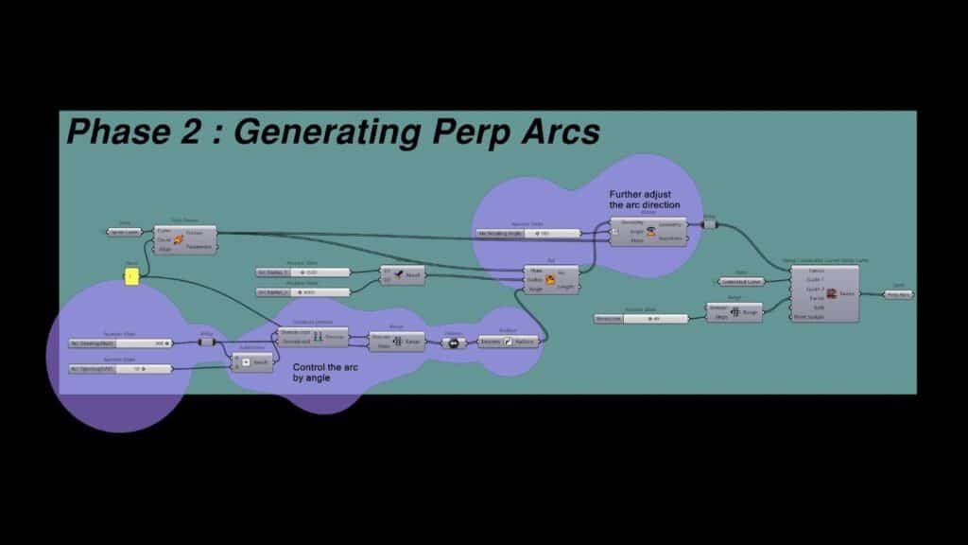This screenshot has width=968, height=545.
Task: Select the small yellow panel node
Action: tap(131, 275)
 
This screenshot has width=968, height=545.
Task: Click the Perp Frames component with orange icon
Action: tap(185, 239)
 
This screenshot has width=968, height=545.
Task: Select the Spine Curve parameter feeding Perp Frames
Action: tap(123, 232)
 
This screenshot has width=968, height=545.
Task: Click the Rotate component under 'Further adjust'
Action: tap(648, 232)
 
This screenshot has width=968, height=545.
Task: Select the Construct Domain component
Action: tap(314, 337)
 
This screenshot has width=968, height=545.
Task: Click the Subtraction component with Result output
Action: tap(252, 361)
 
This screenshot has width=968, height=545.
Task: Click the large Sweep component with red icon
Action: tap(825, 293)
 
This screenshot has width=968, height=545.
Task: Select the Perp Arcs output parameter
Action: tap(898, 294)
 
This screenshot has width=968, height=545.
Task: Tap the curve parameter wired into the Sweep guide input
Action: tap(740, 281)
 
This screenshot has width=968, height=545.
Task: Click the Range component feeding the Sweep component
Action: tap(734, 312)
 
